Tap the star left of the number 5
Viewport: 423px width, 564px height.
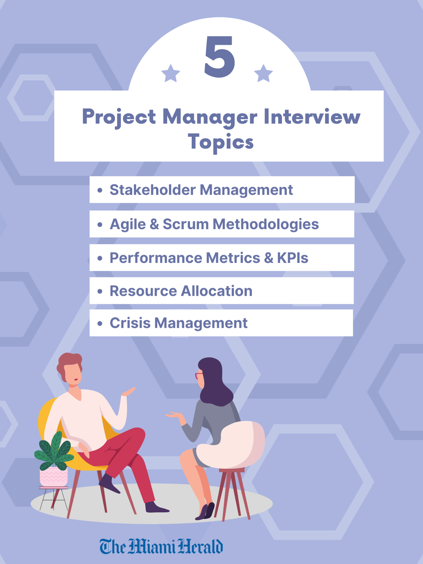171,74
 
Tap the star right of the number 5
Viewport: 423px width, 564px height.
263,74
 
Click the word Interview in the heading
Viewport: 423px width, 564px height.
312,117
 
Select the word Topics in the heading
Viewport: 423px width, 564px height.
221,142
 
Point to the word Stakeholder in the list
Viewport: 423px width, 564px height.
152,190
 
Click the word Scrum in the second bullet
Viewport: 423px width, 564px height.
185,224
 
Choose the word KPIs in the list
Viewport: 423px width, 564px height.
292,258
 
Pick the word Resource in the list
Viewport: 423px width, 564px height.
143,291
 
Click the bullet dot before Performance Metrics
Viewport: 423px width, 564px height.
100,258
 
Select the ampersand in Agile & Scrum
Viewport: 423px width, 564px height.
154,225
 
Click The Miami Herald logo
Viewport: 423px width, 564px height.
161,546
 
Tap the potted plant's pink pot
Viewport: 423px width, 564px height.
54,477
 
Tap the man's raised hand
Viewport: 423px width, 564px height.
129,391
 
